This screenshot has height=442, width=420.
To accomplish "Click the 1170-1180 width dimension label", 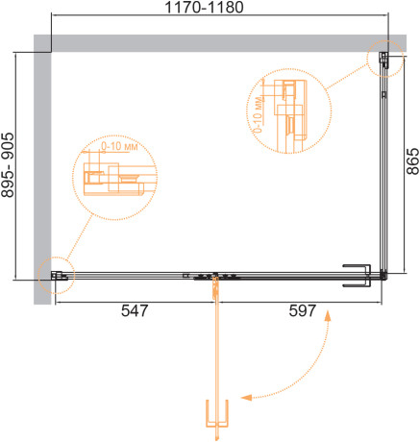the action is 204,8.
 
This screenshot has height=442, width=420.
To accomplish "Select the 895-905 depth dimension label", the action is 8,164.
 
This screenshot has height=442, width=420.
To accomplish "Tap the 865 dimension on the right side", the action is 412,160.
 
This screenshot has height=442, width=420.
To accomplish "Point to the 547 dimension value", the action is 135,310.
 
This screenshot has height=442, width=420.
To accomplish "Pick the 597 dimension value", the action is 303,310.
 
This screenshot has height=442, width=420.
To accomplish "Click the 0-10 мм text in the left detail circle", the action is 119,146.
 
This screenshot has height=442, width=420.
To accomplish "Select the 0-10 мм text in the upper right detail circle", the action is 258,113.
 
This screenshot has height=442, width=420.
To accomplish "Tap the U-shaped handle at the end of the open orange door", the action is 217,413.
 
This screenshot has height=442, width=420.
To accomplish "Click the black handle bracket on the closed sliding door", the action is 357,276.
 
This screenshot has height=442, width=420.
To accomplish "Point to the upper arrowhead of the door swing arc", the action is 328,315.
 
